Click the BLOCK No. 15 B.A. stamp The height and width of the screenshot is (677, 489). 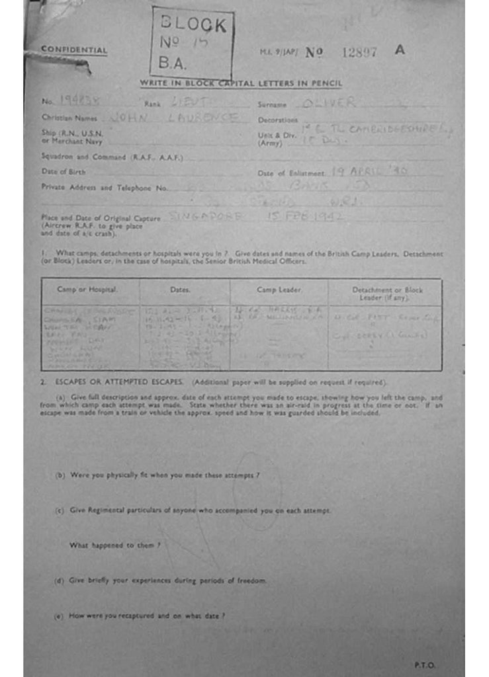193,44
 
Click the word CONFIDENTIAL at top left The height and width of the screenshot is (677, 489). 73,50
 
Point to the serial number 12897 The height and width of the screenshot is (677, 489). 359,52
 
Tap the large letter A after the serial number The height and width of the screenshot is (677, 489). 399,50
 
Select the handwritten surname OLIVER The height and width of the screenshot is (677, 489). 328,103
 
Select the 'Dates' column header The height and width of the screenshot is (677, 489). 180,290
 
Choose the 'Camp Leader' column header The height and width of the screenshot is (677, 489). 279,290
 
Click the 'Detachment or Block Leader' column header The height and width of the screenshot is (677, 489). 387,294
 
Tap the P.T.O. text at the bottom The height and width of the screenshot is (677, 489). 425,664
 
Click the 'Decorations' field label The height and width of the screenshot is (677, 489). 277,120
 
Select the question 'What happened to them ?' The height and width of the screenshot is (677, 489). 115,545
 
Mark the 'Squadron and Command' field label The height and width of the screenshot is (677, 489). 112,157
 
